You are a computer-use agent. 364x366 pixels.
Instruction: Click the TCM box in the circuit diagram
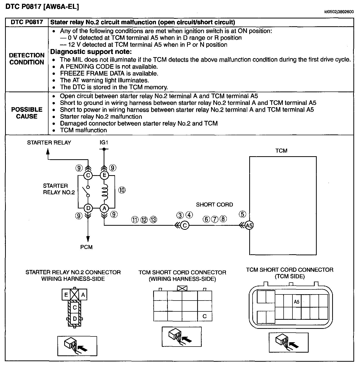[283, 205]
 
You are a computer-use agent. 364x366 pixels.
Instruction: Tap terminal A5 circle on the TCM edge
[249, 225]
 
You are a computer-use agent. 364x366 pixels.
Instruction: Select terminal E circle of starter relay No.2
[104, 175]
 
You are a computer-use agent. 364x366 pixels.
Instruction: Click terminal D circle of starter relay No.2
[88, 208]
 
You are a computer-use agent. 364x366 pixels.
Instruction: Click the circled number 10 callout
[122, 190]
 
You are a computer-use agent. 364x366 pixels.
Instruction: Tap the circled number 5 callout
[242, 214]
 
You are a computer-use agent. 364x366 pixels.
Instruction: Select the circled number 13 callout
[153, 220]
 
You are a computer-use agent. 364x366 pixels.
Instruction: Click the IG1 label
[104, 143]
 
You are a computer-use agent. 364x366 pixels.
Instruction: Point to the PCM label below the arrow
[86, 247]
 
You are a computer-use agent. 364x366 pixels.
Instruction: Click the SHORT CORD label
[214, 204]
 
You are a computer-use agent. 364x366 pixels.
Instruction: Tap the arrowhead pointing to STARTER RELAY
[48, 151]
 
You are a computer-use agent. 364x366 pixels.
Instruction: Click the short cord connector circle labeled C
[185, 225]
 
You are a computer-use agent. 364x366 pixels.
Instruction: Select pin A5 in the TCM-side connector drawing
[297, 302]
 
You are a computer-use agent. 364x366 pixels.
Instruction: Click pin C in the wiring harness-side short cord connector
[204, 316]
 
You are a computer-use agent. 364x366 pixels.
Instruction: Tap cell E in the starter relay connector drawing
[66, 295]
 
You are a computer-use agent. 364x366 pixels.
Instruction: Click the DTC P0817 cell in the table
[27, 22]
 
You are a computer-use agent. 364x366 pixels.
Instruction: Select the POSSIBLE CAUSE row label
[27, 113]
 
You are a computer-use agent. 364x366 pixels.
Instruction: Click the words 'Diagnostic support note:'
[91, 52]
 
